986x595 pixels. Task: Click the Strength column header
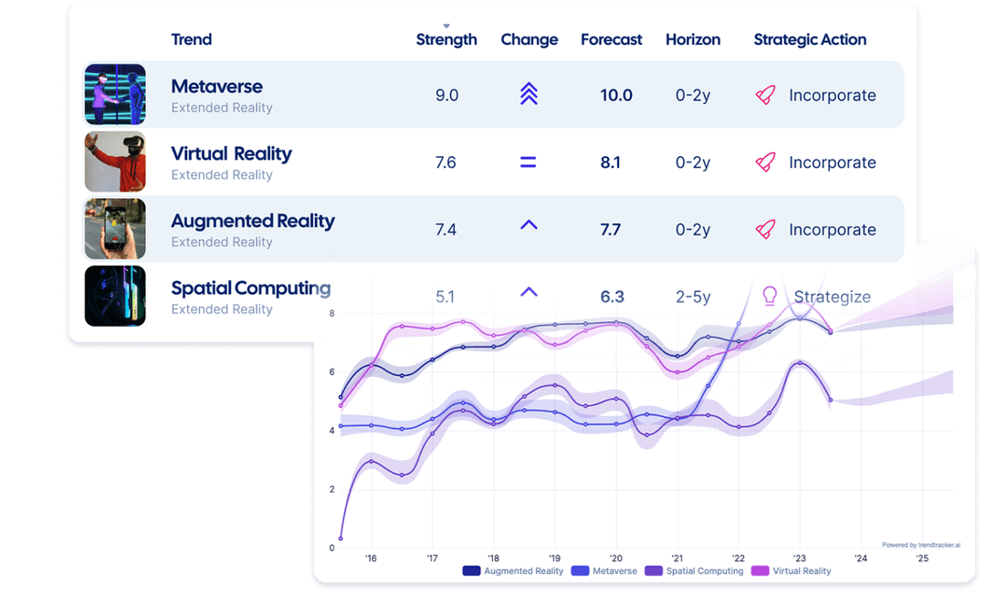(446, 39)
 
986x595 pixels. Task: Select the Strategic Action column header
(810, 39)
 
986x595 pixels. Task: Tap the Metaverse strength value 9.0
(446, 95)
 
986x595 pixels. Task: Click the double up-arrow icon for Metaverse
(529, 95)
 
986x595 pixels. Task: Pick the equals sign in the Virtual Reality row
(528, 162)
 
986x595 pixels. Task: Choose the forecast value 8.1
(611, 162)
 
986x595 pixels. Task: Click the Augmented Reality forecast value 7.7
(611, 230)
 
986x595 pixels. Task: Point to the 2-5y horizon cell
(693, 297)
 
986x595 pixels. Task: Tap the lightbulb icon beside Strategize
(770, 296)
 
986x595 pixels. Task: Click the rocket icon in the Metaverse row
(765, 95)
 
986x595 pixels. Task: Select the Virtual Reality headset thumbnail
(115, 162)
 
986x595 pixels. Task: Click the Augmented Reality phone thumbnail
(115, 229)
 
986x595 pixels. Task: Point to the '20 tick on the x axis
(615, 558)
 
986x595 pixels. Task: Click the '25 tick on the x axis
(921, 558)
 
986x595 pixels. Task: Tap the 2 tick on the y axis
(331, 489)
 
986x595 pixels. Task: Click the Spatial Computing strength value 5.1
(446, 297)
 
